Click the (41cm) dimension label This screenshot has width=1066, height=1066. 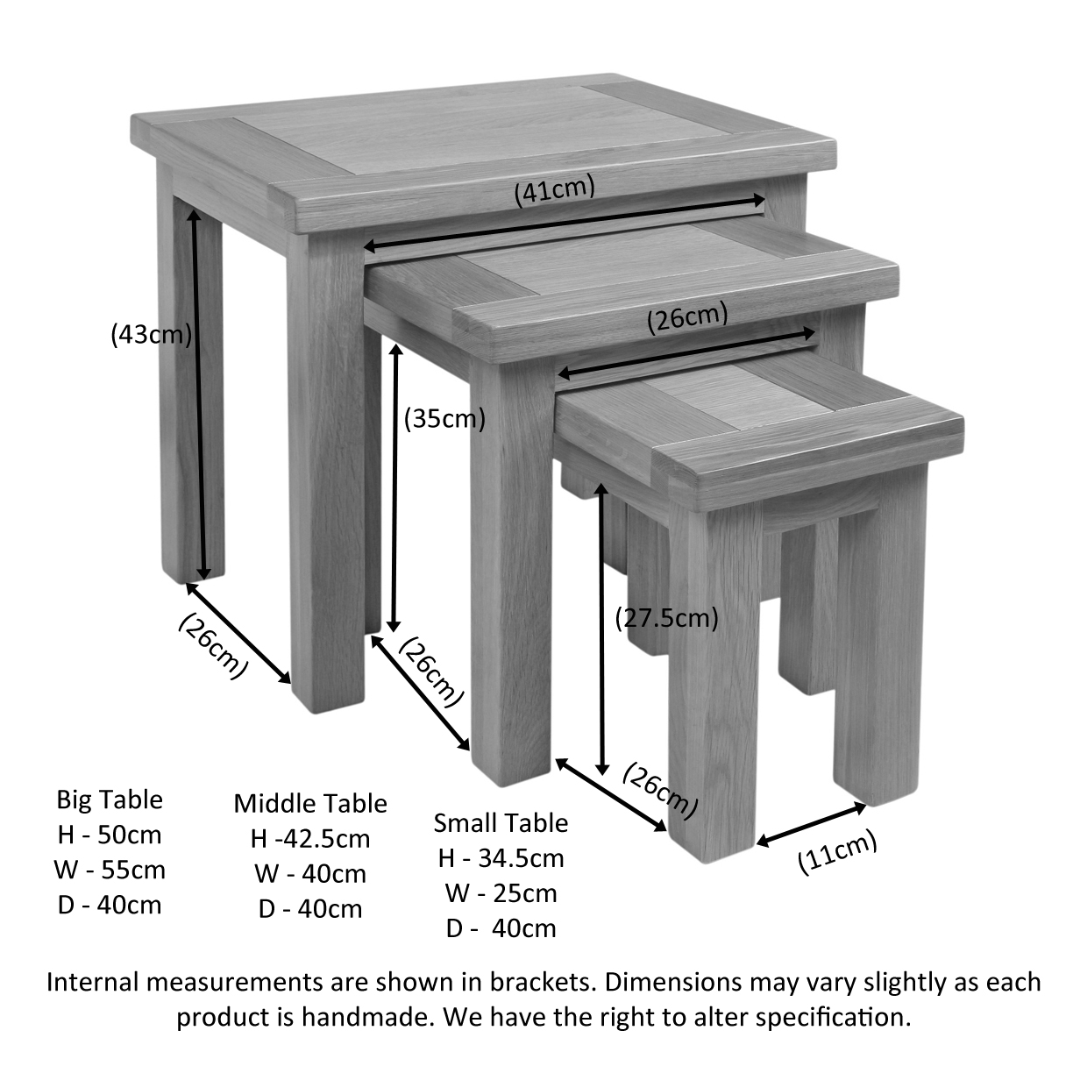coord(554,190)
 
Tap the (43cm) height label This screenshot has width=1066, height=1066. coord(151,335)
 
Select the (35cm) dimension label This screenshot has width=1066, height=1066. coord(444,419)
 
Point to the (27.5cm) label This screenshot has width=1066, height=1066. coord(666,618)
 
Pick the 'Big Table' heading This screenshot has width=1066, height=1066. coord(110,799)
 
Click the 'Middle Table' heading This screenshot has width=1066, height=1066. coord(310,804)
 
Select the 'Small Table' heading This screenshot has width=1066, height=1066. coord(501,823)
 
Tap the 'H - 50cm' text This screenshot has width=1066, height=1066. coord(110,835)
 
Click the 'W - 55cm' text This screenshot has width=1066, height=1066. coord(110,871)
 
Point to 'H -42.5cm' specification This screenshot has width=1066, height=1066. coord(310,839)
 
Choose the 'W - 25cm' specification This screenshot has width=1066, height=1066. coord(501,893)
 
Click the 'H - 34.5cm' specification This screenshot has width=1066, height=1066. coord(501,858)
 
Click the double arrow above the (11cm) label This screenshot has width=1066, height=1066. coord(811,825)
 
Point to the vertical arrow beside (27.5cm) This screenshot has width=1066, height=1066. coord(602,629)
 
